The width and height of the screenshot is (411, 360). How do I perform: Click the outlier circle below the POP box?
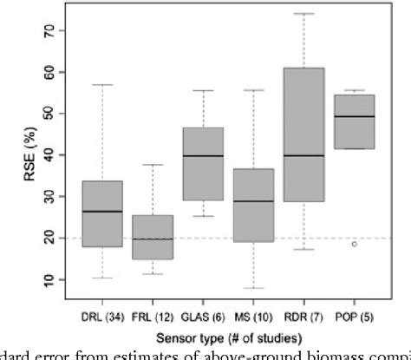pos(354,244)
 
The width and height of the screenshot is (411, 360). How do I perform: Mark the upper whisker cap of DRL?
pos(102,85)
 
